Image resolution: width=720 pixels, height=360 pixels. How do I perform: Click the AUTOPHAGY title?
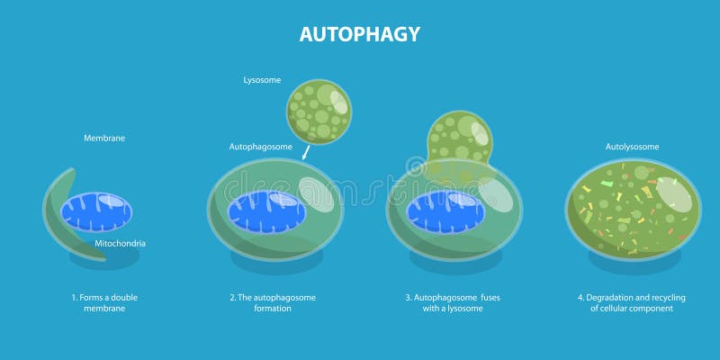coord(359,34)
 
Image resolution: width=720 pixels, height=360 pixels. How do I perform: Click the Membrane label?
coord(104,139)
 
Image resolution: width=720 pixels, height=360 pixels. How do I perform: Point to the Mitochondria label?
coord(121,243)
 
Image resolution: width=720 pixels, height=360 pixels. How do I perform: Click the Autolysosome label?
coord(632,146)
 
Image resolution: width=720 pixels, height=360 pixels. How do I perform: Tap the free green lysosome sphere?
coord(318,112)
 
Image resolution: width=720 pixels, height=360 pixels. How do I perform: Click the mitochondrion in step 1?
coord(96,213)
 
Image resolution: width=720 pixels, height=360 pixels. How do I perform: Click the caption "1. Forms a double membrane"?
coord(104,302)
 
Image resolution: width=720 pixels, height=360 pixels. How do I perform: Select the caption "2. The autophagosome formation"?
coord(272,302)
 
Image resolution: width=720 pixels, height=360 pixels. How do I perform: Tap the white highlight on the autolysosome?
coord(674,196)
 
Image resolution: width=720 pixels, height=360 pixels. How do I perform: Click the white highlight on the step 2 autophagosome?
coord(316,194)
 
